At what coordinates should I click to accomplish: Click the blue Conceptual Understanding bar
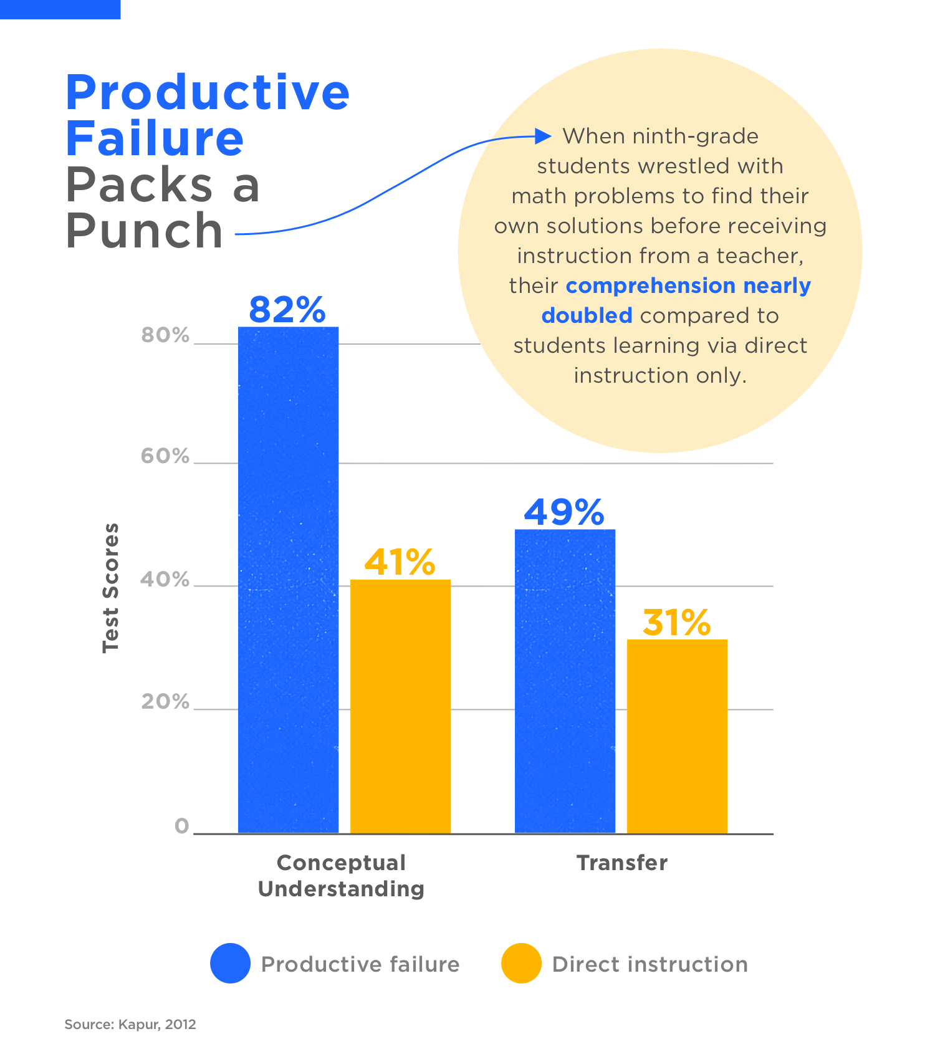[x=288, y=580]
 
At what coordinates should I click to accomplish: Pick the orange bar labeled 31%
[x=677, y=736]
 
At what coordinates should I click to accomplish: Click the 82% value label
[x=287, y=309]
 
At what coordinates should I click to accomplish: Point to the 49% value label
[x=564, y=512]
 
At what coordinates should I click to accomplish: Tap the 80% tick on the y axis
[x=165, y=335]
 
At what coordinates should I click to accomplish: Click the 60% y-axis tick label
[x=165, y=456]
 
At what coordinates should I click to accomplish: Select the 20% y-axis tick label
[x=165, y=702]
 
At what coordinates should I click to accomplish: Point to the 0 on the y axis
[x=181, y=826]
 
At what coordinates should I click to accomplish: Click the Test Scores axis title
[x=110, y=588]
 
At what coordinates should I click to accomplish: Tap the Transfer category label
[x=622, y=863]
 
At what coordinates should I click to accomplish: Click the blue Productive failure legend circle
[x=230, y=963]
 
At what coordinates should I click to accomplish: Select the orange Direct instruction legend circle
[x=521, y=963]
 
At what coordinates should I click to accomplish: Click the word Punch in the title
[x=145, y=231]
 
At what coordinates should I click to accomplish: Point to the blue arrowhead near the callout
[x=543, y=136]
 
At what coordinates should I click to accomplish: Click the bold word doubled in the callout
[x=587, y=315]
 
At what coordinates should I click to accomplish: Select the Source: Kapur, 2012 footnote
[x=130, y=1024]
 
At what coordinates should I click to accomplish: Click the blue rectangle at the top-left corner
[x=60, y=9]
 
